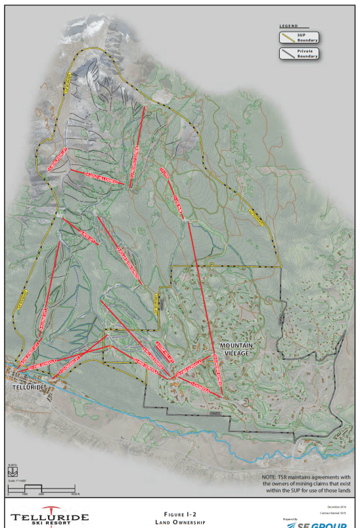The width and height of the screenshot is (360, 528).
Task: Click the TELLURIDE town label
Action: pos(28,388)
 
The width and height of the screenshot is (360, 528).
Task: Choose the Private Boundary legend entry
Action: pos(308,54)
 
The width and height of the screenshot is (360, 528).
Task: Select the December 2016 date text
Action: pos(335,507)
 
